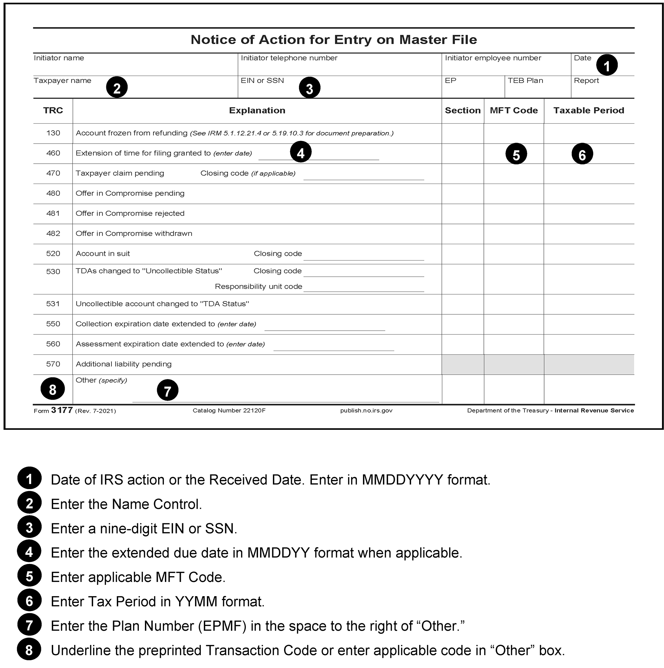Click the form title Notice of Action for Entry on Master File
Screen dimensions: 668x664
tap(334, 40)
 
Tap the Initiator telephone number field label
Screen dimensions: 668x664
tap(289, 58)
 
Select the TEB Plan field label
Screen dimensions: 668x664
tap(525, 81)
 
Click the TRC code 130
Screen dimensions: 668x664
tap(53, 133)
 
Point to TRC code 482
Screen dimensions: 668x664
tap(53, 233)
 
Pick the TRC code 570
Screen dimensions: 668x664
tap(53, 364)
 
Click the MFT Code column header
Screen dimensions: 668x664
tap(514, 111)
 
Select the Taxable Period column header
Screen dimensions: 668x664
tap(588, 111)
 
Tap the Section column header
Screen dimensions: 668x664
tap(463, 111)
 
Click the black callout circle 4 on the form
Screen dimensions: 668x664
tap(301, 152)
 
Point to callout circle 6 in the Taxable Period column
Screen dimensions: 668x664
tap(582, 154)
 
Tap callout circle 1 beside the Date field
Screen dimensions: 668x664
tap(607, 65)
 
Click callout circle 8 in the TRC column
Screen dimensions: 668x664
tap(52, 389)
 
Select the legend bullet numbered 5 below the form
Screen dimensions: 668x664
tap(29, 577)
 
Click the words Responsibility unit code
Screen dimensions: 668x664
tap(259, 287)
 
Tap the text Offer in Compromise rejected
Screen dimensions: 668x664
tap(130, 213)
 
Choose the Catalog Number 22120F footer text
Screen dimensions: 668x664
tap(229, 411)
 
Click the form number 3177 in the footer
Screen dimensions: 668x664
tap(62, 411)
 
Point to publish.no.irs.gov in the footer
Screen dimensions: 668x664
tap(366, 411)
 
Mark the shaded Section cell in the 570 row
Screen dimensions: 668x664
tap(463, 364)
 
